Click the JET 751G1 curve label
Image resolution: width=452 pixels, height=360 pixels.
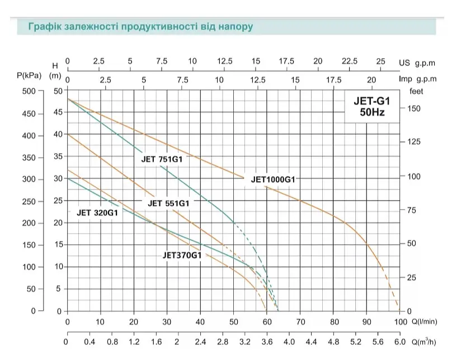[x=162, y=159]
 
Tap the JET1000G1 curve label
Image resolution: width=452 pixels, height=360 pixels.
[x=273, y=179]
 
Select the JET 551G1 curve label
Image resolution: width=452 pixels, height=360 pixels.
[x=168, y=203]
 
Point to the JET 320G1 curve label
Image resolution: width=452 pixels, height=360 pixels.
[x=97, y=213]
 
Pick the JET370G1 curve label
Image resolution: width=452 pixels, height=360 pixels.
[x=182, y=255]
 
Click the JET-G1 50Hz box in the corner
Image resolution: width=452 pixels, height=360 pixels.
[x=372, y=106]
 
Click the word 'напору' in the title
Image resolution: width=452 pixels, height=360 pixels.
[x=235, y=27]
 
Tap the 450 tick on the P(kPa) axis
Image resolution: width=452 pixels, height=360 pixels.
[x=29, y=114]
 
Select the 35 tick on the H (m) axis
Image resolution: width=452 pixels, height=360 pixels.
[x=58, y=157]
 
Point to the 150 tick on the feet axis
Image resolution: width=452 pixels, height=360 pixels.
[x=414, y=108]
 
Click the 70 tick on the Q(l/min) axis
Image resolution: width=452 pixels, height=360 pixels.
[x=300, y=321]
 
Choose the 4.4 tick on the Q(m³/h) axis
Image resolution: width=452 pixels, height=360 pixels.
[x=312, y=342]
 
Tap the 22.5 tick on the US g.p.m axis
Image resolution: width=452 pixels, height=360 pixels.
[x=350, y=61]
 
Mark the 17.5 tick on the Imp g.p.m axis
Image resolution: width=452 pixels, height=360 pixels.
[x=333, y=79]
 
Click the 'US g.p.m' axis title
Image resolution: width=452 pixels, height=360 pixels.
[x=417, y=63]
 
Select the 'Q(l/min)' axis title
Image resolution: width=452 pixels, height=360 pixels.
[x=425, y=321]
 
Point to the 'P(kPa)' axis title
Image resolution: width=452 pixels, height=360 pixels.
[x=29, y=75]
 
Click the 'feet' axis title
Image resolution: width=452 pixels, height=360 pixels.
[x=416, y=91]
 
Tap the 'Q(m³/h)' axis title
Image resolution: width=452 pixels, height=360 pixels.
[x=424, y=342]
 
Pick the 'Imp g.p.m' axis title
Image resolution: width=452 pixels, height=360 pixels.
[x=418, y=79]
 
